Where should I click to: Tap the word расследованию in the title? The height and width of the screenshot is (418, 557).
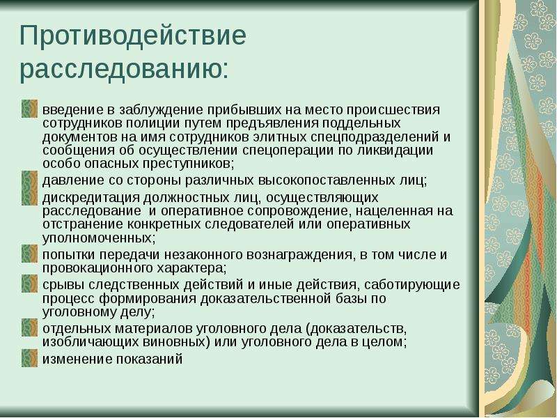pyautogui.click(x=120, y=68)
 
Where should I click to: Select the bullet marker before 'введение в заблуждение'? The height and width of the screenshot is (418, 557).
pyautogui.click(x=29, y=109)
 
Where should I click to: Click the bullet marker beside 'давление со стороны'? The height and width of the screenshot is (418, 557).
pyautogui.click(x=29, y=180)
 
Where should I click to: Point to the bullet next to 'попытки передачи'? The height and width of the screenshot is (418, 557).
pyautogui.click(x=29, y=254)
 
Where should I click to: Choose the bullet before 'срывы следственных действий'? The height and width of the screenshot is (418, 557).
pyautogui.click(x=29, y=284)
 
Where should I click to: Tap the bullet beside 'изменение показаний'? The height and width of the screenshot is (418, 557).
pyautogui.click(x=29, y=358)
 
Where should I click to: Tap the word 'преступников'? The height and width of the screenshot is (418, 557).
pyautogui.click(x=187, y=164)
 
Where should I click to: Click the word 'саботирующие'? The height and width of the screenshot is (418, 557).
pyautogui.click(x=412, y=285)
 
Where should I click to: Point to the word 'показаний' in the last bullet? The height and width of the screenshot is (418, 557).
pyautogui.click(x=150, y=359)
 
